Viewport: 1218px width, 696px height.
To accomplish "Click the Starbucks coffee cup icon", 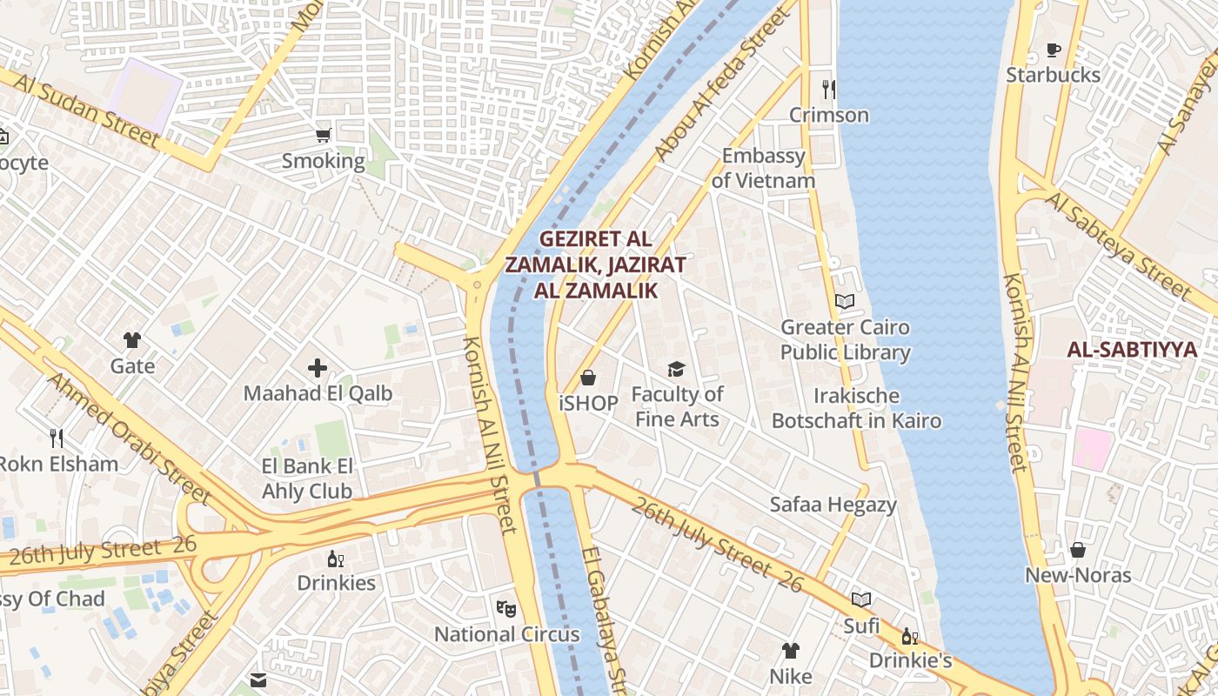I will coord(1053,50).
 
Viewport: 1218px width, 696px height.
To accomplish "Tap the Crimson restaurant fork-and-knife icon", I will coord(828,89).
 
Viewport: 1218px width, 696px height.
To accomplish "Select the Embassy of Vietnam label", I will coord(763,168).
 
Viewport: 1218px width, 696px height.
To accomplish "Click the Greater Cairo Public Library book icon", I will coord(844,301).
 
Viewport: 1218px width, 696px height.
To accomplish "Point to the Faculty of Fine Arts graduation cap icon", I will coord(676,369).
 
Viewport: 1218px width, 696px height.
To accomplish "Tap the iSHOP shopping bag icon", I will coord(588,378).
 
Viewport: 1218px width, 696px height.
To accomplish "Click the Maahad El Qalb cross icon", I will coord(318,368).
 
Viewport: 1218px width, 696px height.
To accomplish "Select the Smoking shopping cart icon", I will coord(324,135).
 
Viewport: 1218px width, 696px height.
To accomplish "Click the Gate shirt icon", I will coord(132,340).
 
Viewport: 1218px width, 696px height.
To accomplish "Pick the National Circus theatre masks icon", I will coord(506,608).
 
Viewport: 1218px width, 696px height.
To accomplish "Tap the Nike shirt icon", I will coord(790,650).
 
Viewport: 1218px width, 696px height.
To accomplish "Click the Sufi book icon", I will coord(861,599).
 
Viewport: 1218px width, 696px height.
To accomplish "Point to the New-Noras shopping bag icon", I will coord(1077,550).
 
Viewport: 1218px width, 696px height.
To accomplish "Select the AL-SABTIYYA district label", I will coord(1132,350).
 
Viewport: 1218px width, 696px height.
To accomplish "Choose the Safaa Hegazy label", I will coord(833,505).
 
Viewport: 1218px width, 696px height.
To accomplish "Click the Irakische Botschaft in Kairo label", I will coord(856,408).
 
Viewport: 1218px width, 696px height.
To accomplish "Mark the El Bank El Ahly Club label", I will coord(307,478).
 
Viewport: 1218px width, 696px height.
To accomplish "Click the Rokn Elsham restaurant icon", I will coord(57,438).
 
